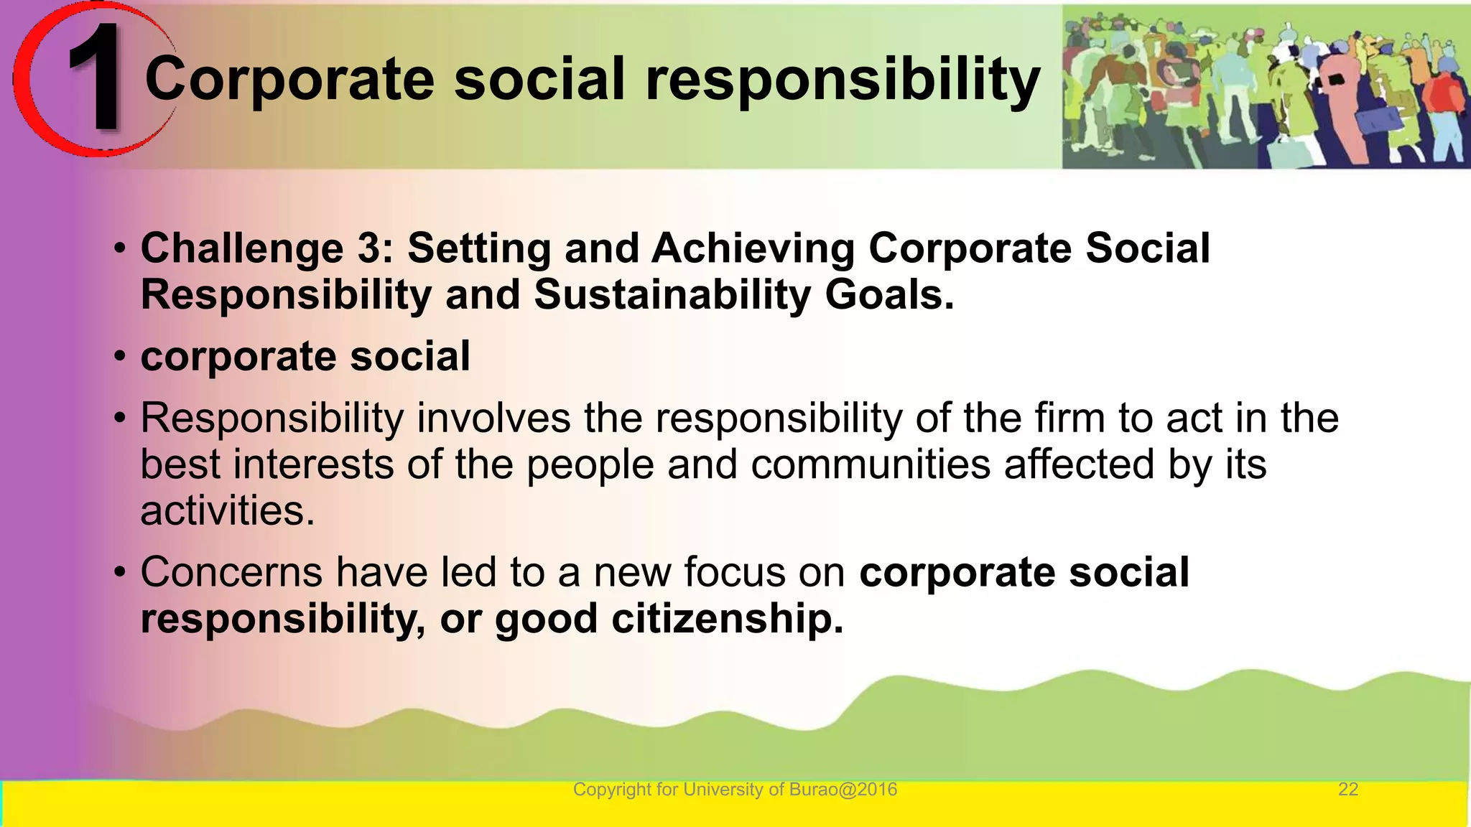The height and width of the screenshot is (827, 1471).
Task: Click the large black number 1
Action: click(97, 78)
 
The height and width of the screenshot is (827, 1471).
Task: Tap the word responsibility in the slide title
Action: click(843, 80)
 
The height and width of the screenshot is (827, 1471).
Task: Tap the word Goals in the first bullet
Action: click(888, 295)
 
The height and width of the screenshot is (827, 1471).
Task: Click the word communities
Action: click(870, 464)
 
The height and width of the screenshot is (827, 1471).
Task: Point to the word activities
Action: click(227, 511)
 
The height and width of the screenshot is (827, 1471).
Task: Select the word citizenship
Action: click(726, 619)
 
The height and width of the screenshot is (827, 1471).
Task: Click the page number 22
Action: click(1347, 790)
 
